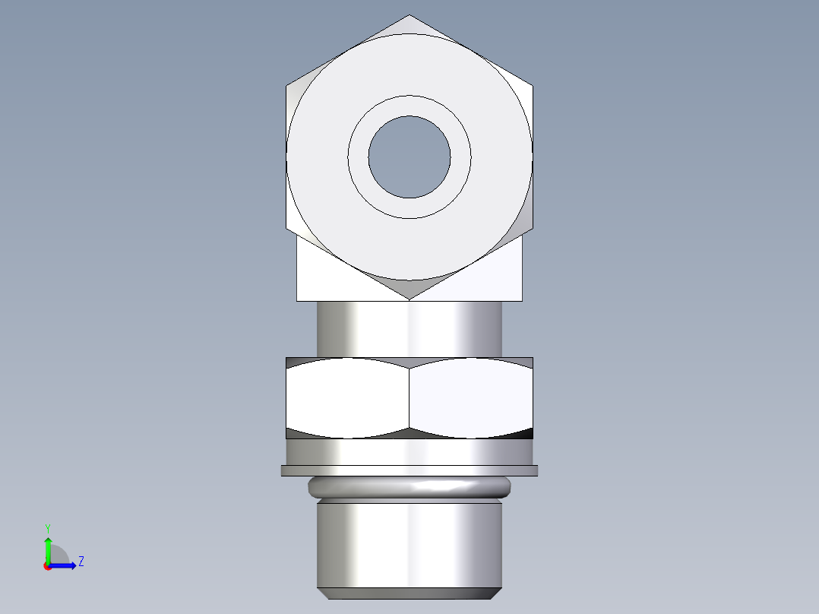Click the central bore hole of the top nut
click(x=409, y=157)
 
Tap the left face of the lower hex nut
click(x=348, y=397)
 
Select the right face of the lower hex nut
click(x=471, y=397)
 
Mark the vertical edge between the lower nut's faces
click(x=409, y=397)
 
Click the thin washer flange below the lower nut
click(x=409, y=471)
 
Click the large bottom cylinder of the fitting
click(x=409, y=543)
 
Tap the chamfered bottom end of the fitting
click(x=409, y=593)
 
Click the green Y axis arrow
click(x=48, y=546)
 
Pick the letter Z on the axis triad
click(x=81, y=562)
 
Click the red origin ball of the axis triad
click(x=47, y=566)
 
